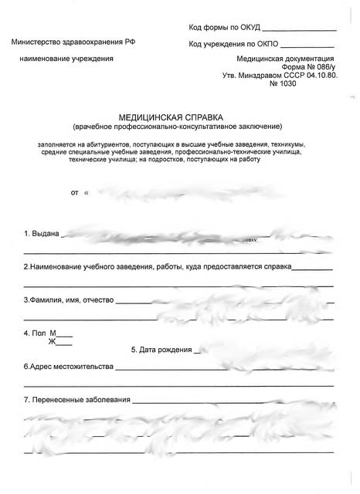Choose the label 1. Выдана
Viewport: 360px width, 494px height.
tap(42, 233)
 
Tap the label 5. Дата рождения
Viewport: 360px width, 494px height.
tap(161, 350)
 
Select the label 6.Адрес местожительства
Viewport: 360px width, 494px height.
tap(68, 366)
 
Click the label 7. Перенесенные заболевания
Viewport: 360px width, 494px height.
tap(77, 400)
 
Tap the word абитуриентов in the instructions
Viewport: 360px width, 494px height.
tap(116, 144)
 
